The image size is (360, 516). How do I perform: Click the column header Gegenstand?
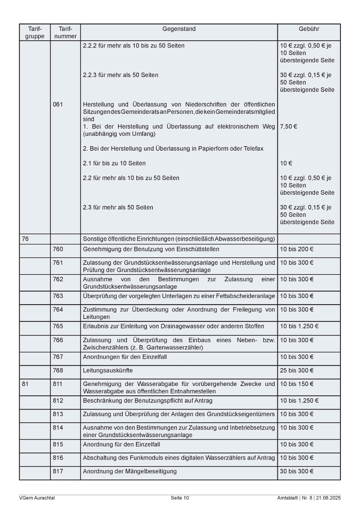click(x=179, y=29)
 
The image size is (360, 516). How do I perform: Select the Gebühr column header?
click(x=309, y=29)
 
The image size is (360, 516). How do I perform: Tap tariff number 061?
click(x=58, y=104)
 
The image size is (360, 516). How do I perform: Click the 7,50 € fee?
click(x=288, y=127)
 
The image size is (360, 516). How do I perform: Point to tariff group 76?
click(x=25, y=239)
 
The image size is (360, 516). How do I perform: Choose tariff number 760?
click(x=58, y=249)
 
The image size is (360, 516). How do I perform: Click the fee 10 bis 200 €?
click(x=297, y=249)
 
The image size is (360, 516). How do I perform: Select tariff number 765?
click(x=58, y=326)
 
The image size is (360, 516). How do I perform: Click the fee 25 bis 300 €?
click(x=297, y=370)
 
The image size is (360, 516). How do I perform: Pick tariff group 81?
click(x=25, y=384)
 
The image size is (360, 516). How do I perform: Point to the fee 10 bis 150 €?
click(x=297, y=384)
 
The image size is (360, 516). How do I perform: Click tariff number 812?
click(x=58, y=401)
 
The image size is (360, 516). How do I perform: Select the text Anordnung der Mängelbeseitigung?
click(x=130, y=471)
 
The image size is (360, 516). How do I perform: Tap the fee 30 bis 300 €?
click(x=297, y=471)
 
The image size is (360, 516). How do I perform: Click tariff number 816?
click(x=58, y=458)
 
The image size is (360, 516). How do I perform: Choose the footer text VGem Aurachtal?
click(x=37, y=498)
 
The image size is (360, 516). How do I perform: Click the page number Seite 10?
click(x=180, y=498)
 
